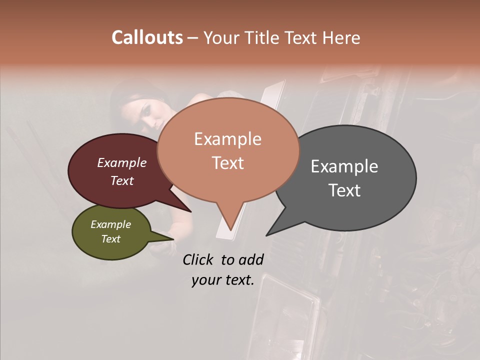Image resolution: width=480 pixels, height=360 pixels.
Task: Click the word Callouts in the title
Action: point(147,37)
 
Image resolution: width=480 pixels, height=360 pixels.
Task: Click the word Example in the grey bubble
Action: point(344,166)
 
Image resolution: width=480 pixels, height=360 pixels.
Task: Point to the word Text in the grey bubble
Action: point(344,190)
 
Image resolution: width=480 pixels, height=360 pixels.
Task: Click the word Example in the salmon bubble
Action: point(227,139)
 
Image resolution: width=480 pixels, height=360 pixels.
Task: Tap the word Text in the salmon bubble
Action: point(227,163)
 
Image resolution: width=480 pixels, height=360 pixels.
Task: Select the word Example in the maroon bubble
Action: point(122,162)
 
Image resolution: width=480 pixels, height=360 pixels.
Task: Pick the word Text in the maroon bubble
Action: point(122,180)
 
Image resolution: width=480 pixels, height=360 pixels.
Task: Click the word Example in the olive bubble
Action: point(111,224)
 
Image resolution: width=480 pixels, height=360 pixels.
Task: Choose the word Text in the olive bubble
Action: point(111,239)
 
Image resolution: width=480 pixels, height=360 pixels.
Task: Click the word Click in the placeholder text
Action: point(198,260)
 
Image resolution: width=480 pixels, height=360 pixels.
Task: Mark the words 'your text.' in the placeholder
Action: point(223,280)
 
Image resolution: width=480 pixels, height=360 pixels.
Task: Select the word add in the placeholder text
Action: point(251,260)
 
